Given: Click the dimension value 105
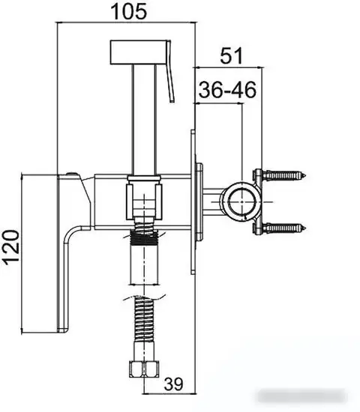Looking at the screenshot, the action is [x=129, y=11].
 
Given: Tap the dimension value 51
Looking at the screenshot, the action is [x=231, y=55].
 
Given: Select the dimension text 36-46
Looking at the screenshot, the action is [x=227, y=90].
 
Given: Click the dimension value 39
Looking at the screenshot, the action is [x=173, y=384].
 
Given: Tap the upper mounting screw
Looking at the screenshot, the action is [x=285, y=175].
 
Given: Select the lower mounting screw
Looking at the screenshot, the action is [x=285, y=228].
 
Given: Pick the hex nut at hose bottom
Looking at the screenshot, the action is [x=144, y=369].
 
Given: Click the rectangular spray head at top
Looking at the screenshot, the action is [x=139, y=52].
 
